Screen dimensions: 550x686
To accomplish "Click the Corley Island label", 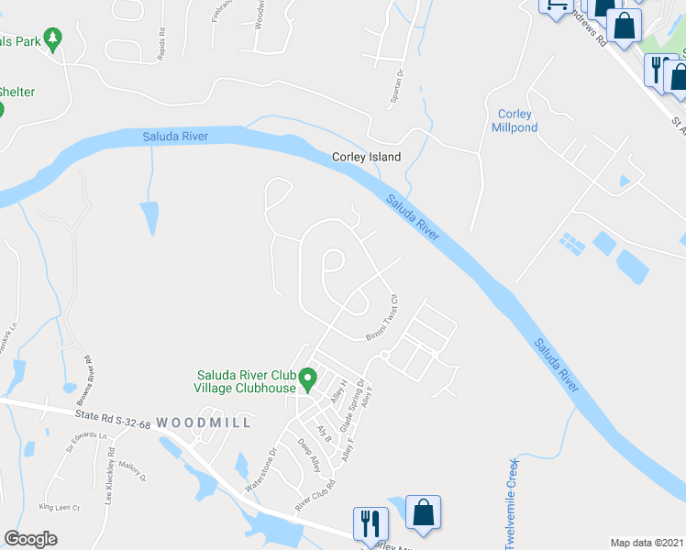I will click(366, 157).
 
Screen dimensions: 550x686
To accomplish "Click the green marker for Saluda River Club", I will click(309, 377).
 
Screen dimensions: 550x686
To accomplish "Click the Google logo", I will click(30, 539).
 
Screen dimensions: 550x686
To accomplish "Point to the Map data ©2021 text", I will click(647, 543).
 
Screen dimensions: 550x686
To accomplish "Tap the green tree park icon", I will click(53, 38).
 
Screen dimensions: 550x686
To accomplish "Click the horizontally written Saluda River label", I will click(175, 137).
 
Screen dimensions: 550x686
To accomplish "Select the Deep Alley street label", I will click(308, 454).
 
